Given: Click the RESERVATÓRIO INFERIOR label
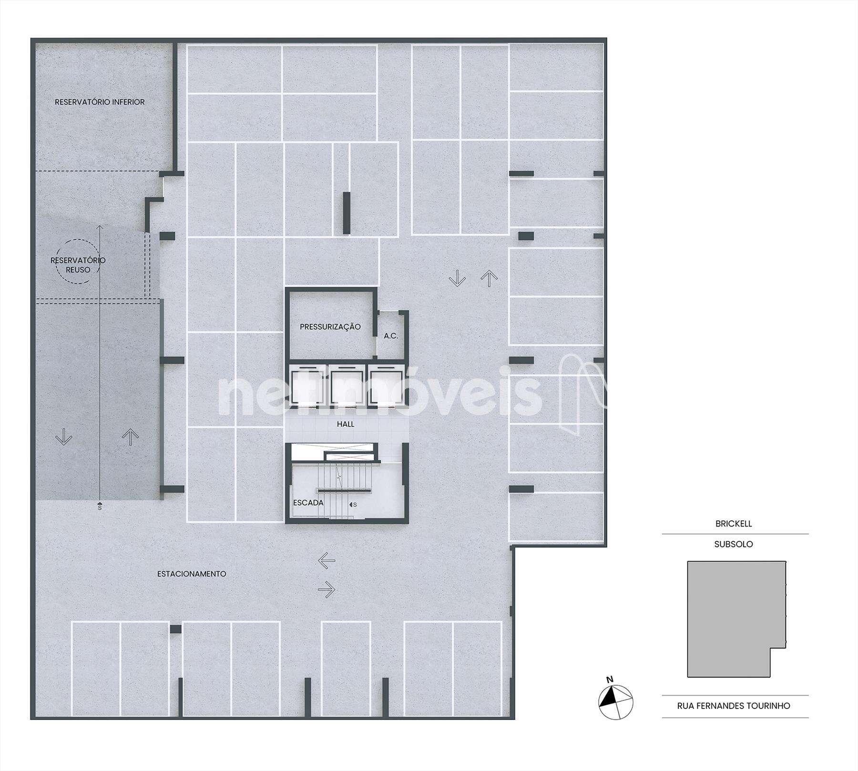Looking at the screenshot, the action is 100,102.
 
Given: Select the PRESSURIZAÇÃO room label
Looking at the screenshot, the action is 330,327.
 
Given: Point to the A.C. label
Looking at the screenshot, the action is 391,336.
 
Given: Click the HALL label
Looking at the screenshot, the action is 346,424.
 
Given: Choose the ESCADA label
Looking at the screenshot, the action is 308,503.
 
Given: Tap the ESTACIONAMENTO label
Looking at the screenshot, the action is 192,574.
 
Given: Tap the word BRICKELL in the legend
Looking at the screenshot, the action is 734,524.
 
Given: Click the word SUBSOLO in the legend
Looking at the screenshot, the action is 734,544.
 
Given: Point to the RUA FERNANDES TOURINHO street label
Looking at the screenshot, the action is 734,720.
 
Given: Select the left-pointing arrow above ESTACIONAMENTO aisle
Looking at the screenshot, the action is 327,561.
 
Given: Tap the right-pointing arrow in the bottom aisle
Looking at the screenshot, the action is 327,590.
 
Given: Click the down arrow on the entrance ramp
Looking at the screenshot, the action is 63,436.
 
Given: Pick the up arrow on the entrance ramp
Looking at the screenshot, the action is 130,436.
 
